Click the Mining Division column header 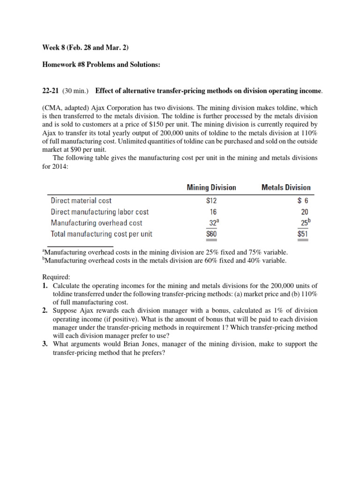[x=211, y=187]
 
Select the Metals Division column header [x=285, y=187]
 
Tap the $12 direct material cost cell [x=213, y=201]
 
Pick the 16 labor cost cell [x=213, y=212]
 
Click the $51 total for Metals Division [x=303, y=234]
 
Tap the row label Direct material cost [x=81, y=201]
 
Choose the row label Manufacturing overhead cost [x=96, y=223]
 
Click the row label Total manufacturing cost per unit [x=101, y=234]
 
